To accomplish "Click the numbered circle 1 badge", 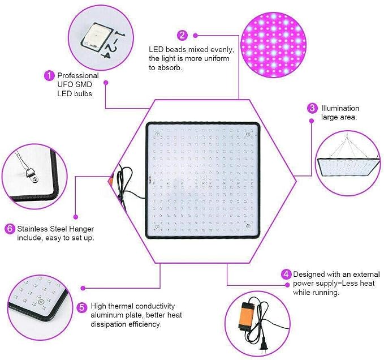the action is [49, 75].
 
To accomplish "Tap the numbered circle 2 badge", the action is [182, 35].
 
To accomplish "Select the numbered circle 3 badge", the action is [312, 108].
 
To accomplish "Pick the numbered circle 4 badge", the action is [286, 274].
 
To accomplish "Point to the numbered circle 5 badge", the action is [82, 307].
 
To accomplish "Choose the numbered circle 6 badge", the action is [10, 229].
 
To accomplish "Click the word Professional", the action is [78, 75].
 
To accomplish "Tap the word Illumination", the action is [340, 108].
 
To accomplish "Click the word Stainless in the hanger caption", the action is [32, 229].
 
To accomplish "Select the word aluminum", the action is [107, 315].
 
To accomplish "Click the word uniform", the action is [217, 58].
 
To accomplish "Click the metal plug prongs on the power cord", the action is [263, 349].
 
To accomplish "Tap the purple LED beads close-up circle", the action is [274, 45].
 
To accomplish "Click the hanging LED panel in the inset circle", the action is [348, 167].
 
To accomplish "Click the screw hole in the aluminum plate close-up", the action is [40, 302].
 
